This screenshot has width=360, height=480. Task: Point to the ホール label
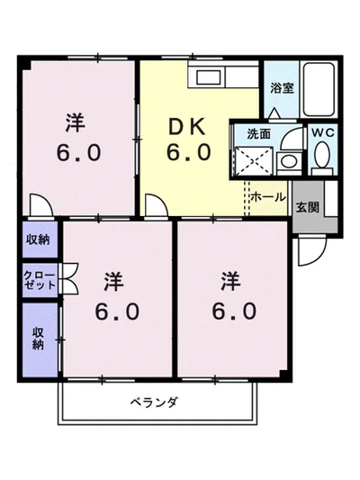click(x=267, y=195)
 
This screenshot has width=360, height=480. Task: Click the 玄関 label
click(x=307, y=205)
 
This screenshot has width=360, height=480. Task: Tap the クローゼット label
click(x=40, y=278)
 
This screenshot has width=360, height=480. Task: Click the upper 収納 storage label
click(x=38, y=239)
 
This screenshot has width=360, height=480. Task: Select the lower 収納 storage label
click(x=39, y=339)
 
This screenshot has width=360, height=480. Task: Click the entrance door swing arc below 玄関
click(x=308, y=249)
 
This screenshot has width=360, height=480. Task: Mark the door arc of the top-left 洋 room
click(x=39, y=204)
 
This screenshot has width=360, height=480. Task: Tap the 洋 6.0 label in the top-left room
click(x=74, y=138)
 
